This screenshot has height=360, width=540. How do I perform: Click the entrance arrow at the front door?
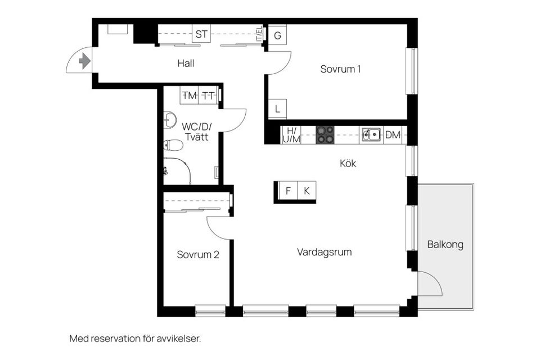[85, 60]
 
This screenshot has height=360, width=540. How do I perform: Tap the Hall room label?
[186, 64]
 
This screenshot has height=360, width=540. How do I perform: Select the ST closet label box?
[201, 35]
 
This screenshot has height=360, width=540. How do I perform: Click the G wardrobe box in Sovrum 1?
[277, 35]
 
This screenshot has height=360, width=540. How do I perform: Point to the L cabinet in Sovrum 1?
[277, 109]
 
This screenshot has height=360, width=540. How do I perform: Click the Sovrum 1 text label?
[340, 69]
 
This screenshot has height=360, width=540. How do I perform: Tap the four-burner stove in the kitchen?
[325, 135]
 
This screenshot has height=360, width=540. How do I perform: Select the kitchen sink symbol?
[371, 135]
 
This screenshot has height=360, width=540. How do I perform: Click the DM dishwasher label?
[393, 135]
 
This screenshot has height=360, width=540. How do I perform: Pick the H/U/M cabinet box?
[291, 135]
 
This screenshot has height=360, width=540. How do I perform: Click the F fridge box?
[288, 191]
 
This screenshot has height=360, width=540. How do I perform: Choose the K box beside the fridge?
[307, 191]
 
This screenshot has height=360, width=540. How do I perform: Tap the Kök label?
[348, 164]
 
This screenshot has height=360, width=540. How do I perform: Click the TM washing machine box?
[190, 96]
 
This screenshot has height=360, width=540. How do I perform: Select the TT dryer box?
[208, 96]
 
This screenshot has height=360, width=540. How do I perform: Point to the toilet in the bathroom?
[173, 146]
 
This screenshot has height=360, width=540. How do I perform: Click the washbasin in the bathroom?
[169, 120]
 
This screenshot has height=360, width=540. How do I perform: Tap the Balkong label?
[445, 245]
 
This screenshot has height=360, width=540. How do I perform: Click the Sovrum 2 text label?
[198, 255]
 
